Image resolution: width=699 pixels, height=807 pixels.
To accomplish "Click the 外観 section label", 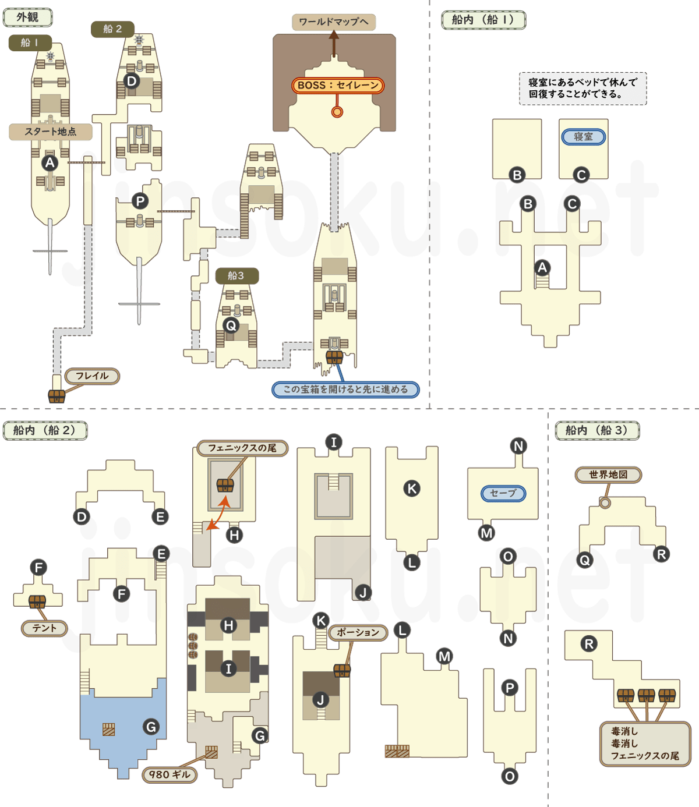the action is tap(28, 17).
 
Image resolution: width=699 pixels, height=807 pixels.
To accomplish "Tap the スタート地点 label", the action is tap(50, 132).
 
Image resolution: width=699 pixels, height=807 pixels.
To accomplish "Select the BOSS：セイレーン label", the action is tap(338, 86).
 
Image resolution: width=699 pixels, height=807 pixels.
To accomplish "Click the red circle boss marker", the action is tap(337, 112).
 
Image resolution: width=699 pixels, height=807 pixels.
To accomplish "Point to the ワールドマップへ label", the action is tap(334, 22).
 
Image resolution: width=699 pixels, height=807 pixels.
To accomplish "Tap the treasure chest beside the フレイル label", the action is tap(57, 396).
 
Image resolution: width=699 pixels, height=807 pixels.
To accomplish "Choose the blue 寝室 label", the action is tap(583, 137).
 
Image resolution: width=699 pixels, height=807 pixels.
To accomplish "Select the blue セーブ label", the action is tap(503, 493).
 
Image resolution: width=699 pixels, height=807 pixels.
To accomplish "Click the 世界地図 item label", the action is tap(608, 475).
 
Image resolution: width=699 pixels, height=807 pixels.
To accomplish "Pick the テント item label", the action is tap(44, 628).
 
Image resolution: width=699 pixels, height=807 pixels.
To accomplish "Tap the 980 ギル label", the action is tap(170, 774).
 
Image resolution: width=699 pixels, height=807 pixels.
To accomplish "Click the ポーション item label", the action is tap(358, 632).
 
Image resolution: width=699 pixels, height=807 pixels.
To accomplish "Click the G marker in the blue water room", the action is tap(151, 727).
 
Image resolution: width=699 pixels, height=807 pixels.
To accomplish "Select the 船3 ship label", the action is tap(236, 275).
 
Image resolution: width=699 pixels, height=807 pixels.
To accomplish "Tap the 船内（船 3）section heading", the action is tap(596, 430).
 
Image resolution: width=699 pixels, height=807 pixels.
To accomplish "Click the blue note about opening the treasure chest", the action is tap(345, 390).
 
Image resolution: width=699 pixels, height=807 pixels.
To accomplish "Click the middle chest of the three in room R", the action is tap(646, 695).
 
